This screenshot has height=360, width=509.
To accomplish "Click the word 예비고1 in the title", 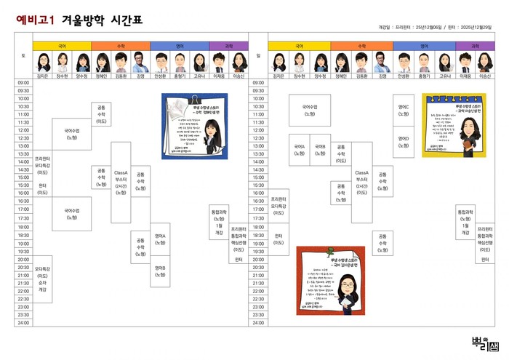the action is (x=35, y=22).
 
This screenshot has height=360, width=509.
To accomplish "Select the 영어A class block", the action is (x=161, y=239).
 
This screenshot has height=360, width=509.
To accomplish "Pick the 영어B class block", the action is (x=161, y=271).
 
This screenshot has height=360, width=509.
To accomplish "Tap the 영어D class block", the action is (x=404, y=141).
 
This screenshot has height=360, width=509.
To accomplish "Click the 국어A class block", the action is (x=300, y=149).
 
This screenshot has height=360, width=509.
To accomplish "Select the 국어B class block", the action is (x=320, y=149).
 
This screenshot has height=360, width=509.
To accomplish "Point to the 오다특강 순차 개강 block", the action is (x=42, y=279).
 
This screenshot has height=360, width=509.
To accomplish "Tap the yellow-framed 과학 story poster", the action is (x=449, y=125).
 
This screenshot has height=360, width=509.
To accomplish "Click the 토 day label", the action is (x=23, y=55).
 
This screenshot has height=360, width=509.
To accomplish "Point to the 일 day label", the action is (x=258, y=55).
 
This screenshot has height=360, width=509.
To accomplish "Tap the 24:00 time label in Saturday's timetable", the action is (x=23, y=322).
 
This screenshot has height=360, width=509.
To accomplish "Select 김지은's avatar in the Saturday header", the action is (x=42, y=62).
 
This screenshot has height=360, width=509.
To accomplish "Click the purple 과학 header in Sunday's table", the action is (x=475, y=46).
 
